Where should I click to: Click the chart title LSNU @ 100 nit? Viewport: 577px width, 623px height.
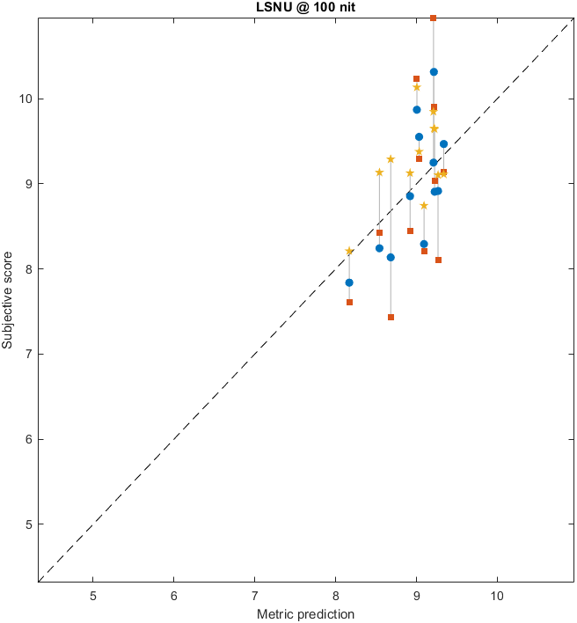[x=305, y=7]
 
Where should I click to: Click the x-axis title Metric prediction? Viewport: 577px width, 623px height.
[x=305, y=613]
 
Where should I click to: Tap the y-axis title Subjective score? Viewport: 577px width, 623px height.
[x=8, y=299]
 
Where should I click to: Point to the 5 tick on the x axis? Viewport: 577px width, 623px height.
[x=93, y=595]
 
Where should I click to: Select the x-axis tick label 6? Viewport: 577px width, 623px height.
[x=174, y=595]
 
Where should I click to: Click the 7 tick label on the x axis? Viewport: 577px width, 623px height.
[x=255, y=595]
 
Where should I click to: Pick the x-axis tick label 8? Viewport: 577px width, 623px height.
[x=335, y=595]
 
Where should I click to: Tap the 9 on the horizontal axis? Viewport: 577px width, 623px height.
[x=416, y=595]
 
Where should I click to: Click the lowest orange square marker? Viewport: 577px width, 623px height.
[x=391, y=317]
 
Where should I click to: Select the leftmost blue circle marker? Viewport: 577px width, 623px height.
[x=349, y=282]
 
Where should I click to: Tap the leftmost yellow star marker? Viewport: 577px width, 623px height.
[x=349, y=252]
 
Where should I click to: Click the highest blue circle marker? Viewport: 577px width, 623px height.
[x=434, y=72]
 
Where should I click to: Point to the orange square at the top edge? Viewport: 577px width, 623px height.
[x=433, y=18]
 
